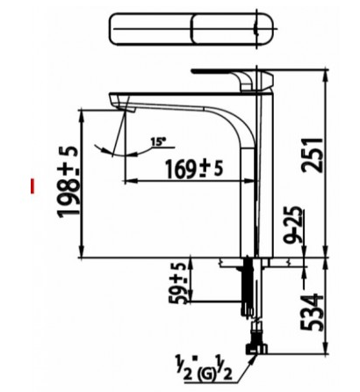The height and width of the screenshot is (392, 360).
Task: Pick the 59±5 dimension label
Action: point(179,282)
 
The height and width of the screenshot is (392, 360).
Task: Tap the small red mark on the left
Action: point(32,185)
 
